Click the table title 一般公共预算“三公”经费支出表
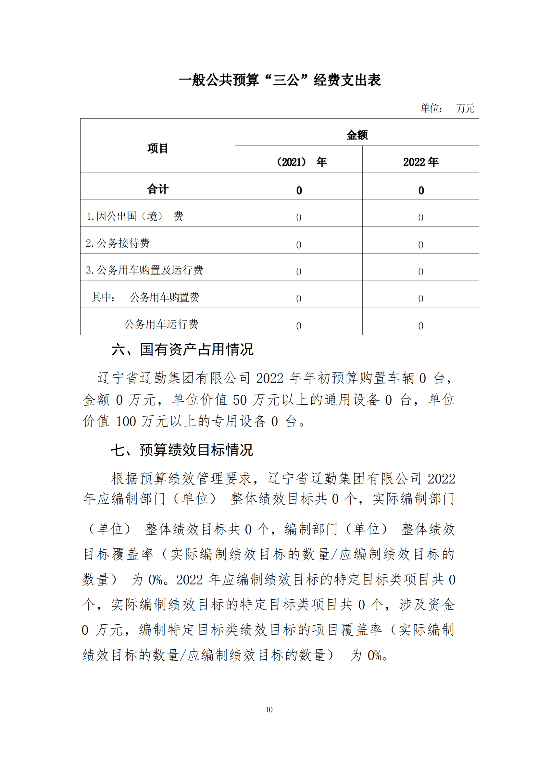[x=280, y=80]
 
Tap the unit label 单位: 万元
[x=447, y=108]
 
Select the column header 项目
[x=157, y=148]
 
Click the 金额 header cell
[x=357, y=135]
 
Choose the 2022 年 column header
[x=420, y=162]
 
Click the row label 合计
[x=157, y=189]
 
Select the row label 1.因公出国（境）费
[x=135, y=216]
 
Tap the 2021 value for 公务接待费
[x=299, y=245]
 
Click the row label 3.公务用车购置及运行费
[x=144, y=270]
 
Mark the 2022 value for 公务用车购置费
[x=420, y=299]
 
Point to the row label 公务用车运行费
[x=161, y=324]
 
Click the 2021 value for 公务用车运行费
[x=299, y=326]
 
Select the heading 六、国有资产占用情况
[x=182, y=350]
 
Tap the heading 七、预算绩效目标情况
[x=182, y=450]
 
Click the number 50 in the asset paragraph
[x=240, y=400]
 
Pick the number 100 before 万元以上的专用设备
[x=126, y=422]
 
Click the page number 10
[x=269, y=710]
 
